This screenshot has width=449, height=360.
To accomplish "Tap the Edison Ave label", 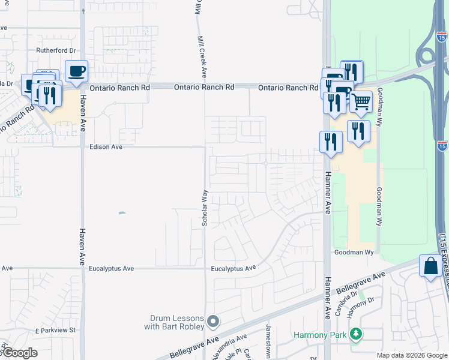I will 106,146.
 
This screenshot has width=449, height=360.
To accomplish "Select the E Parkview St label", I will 56,330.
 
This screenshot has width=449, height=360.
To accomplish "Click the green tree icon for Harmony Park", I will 356,333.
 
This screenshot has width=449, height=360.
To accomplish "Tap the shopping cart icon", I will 361,102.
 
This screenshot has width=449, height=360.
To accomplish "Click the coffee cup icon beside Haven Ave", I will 76,72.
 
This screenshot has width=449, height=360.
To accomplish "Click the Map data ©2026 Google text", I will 412,355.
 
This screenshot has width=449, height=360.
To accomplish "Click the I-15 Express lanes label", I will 442,264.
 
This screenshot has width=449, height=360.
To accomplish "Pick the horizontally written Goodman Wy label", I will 354,253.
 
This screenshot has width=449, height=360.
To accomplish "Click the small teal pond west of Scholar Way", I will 122,213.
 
